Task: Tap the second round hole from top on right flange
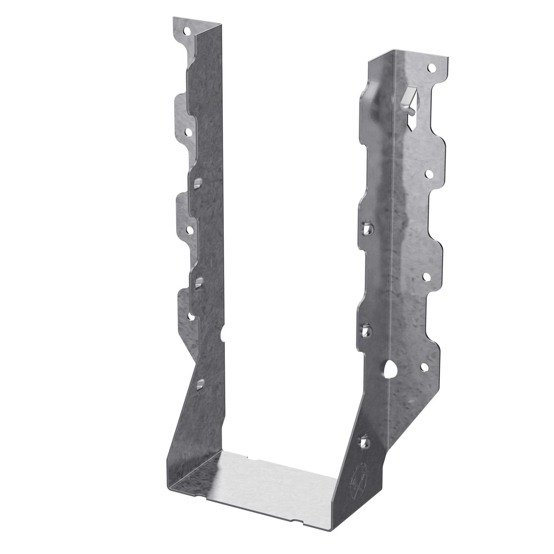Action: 429,174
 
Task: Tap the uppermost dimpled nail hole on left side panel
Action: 199,182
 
